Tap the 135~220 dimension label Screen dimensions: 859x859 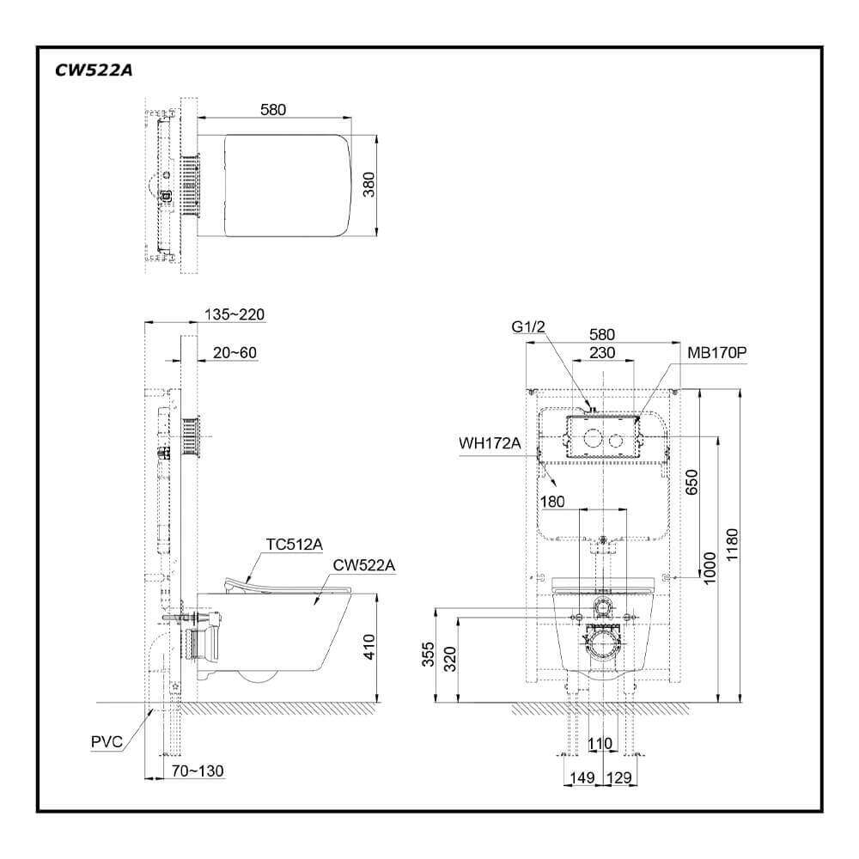[x=235, y=315]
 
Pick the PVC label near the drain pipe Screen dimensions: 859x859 [x=107, y=740]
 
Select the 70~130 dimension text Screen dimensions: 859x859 [x=198, y=771]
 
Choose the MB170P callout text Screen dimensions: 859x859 [x=716, y=352]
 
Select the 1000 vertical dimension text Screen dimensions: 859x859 [x=710, y=567]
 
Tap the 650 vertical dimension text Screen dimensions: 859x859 [x=691, y=483]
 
